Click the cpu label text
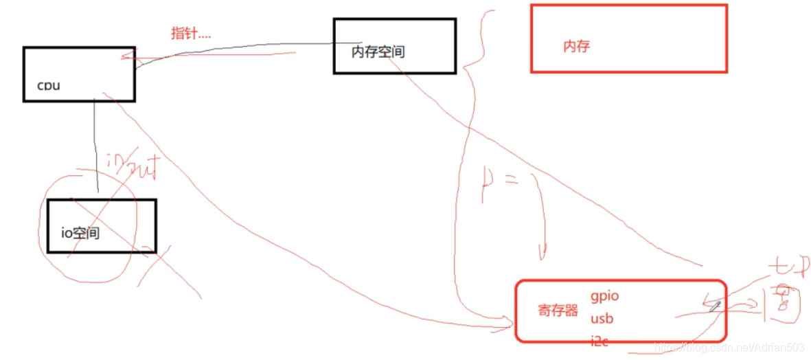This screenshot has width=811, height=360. tap(48, 86)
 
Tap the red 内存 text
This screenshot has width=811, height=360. tap(576, 47)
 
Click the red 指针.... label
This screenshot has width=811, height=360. tap(191, 33)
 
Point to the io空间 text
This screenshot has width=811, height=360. tap(80, 234)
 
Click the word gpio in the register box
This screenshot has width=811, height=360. tap(604, 295)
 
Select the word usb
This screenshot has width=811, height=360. tap(602, 319)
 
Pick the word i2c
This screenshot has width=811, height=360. tap(599, 340)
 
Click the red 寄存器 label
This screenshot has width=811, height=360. tap(558, 311)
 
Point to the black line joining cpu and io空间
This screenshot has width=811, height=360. tap(95, 148)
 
